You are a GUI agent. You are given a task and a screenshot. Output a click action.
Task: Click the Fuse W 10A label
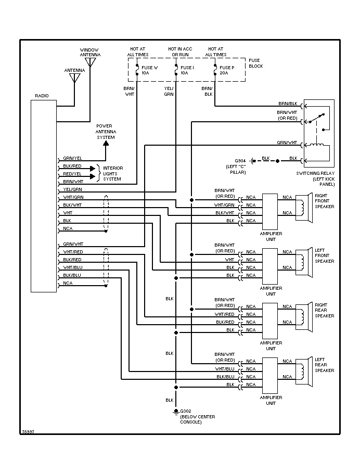[148, 70]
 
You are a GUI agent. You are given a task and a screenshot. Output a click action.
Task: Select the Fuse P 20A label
[227, 70]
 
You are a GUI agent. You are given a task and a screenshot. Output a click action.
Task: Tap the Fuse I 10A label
[187, 70]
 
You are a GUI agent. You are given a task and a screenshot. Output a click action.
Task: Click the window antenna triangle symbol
[91, 62]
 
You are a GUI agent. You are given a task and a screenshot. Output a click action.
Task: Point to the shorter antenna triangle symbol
[74, 78]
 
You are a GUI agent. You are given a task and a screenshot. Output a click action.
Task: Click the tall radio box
[44, 196]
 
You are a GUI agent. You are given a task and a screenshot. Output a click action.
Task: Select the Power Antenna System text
[106, 132]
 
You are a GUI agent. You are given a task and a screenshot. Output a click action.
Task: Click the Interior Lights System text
[112, 173]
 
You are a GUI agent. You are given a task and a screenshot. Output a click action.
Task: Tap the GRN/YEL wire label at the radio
[73, 158]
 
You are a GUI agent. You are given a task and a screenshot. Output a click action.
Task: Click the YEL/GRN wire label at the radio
[73, 189]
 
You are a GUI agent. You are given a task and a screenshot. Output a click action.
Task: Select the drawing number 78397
[28, 432]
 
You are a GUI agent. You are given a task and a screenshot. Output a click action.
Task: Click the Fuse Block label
[255, 63]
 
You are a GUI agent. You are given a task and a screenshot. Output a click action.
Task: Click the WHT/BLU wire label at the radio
[72, 267]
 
